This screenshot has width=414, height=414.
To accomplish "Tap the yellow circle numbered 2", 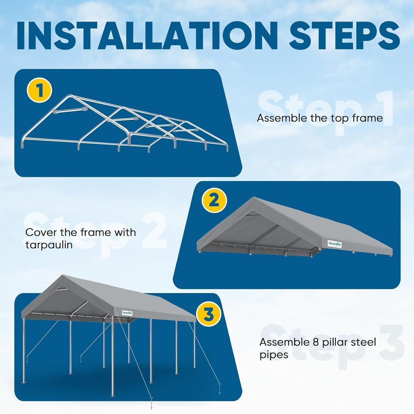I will point(214,200).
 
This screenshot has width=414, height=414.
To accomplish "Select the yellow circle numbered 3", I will point(208,314).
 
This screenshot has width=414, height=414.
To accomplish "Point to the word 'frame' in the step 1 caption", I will point(368,118).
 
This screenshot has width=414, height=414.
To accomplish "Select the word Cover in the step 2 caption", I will point(41,232).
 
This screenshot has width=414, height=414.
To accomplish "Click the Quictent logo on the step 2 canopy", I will point(335,244).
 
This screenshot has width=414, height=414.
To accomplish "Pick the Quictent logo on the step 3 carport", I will point(127,313).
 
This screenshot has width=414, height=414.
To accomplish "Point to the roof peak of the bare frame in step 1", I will point(69,96).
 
